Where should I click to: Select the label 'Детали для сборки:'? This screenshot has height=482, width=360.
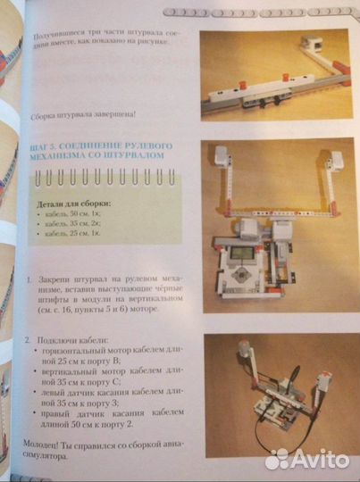[71, 204]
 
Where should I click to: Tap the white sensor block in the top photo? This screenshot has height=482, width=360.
[313, 42]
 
